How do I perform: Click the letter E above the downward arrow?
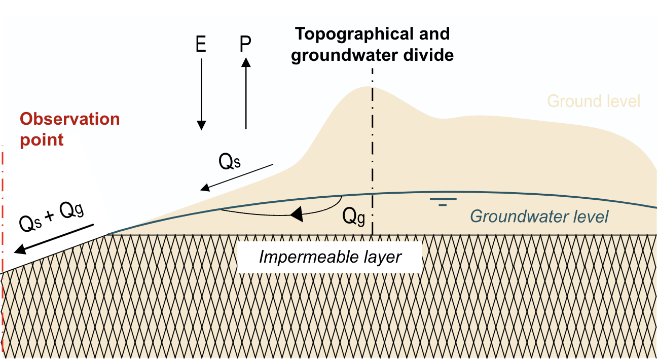(201, 45)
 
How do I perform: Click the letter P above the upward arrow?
(245, 45)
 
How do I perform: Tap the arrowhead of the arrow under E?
(201, 125)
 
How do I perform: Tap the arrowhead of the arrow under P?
(246, 62)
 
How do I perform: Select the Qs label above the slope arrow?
(229, 162)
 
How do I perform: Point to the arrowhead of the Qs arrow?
(205, 189)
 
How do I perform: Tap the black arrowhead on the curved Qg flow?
(297, 215)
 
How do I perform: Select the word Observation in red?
(70, 119)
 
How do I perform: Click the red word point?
(42, 139)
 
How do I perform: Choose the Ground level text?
(594, 101)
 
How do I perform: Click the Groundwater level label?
(539, 217)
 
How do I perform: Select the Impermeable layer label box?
(330, 257)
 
